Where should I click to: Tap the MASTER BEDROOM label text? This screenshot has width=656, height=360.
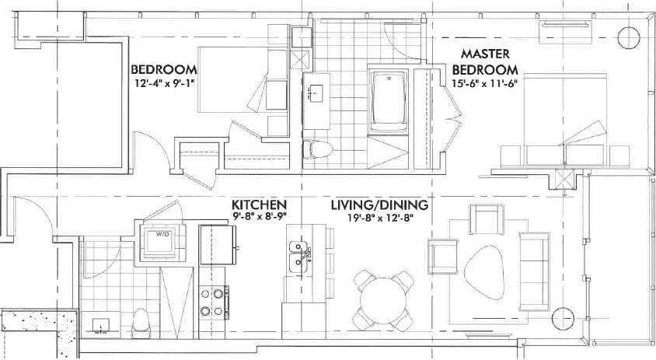click(x=485, y=61)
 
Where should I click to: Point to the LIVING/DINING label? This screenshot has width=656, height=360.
click(x=380, y=205)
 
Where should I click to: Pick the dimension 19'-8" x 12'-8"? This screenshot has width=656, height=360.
click(x=379, y=218)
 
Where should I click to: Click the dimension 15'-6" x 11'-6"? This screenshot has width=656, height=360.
click(x=485, y=80)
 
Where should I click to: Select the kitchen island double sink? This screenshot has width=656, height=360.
click(x=298, y=258)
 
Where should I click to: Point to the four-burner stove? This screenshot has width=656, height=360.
click(x=215, y=302)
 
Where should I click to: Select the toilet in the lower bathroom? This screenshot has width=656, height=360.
click(x=141, y=320)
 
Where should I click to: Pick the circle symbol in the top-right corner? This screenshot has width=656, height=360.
click(x=626, y=37)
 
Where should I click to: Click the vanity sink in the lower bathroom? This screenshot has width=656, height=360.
click(x=100, y=324)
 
